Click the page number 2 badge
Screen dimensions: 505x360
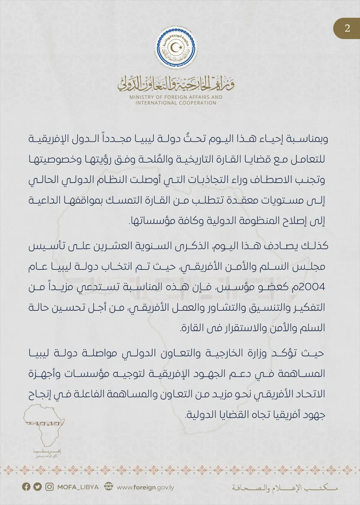click(347, 28)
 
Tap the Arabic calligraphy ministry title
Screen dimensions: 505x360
click(176, 83)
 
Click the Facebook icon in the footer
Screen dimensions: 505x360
click(26, 487)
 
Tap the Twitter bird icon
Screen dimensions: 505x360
click(37, 487)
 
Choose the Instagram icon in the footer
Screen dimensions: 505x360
click(49, 487)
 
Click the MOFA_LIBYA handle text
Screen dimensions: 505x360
click(78, 487)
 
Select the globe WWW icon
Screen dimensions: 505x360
click(108, 487)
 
